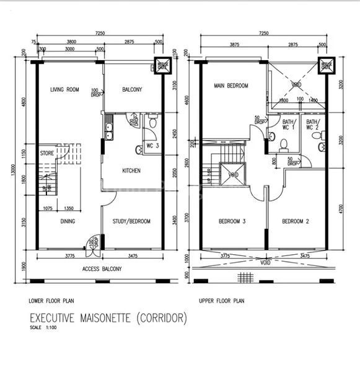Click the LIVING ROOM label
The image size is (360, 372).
65,90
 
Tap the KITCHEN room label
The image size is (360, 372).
131,170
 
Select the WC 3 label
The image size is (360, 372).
152,146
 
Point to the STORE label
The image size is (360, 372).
47,151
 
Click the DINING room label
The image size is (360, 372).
68,221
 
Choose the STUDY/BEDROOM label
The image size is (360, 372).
131,221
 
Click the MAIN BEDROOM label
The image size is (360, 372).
231,86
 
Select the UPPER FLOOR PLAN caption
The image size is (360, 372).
222,301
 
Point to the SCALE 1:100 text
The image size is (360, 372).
42,327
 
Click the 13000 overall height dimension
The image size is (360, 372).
11,173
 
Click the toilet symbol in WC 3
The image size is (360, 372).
140,149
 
